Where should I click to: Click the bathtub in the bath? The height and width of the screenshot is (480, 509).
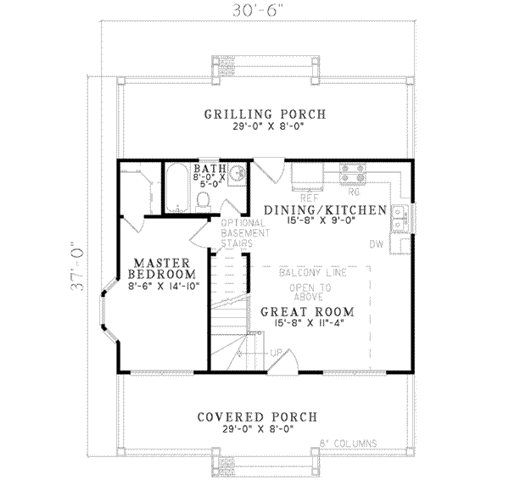pos(176,188)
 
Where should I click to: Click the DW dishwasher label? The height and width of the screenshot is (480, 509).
pos(376,245)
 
